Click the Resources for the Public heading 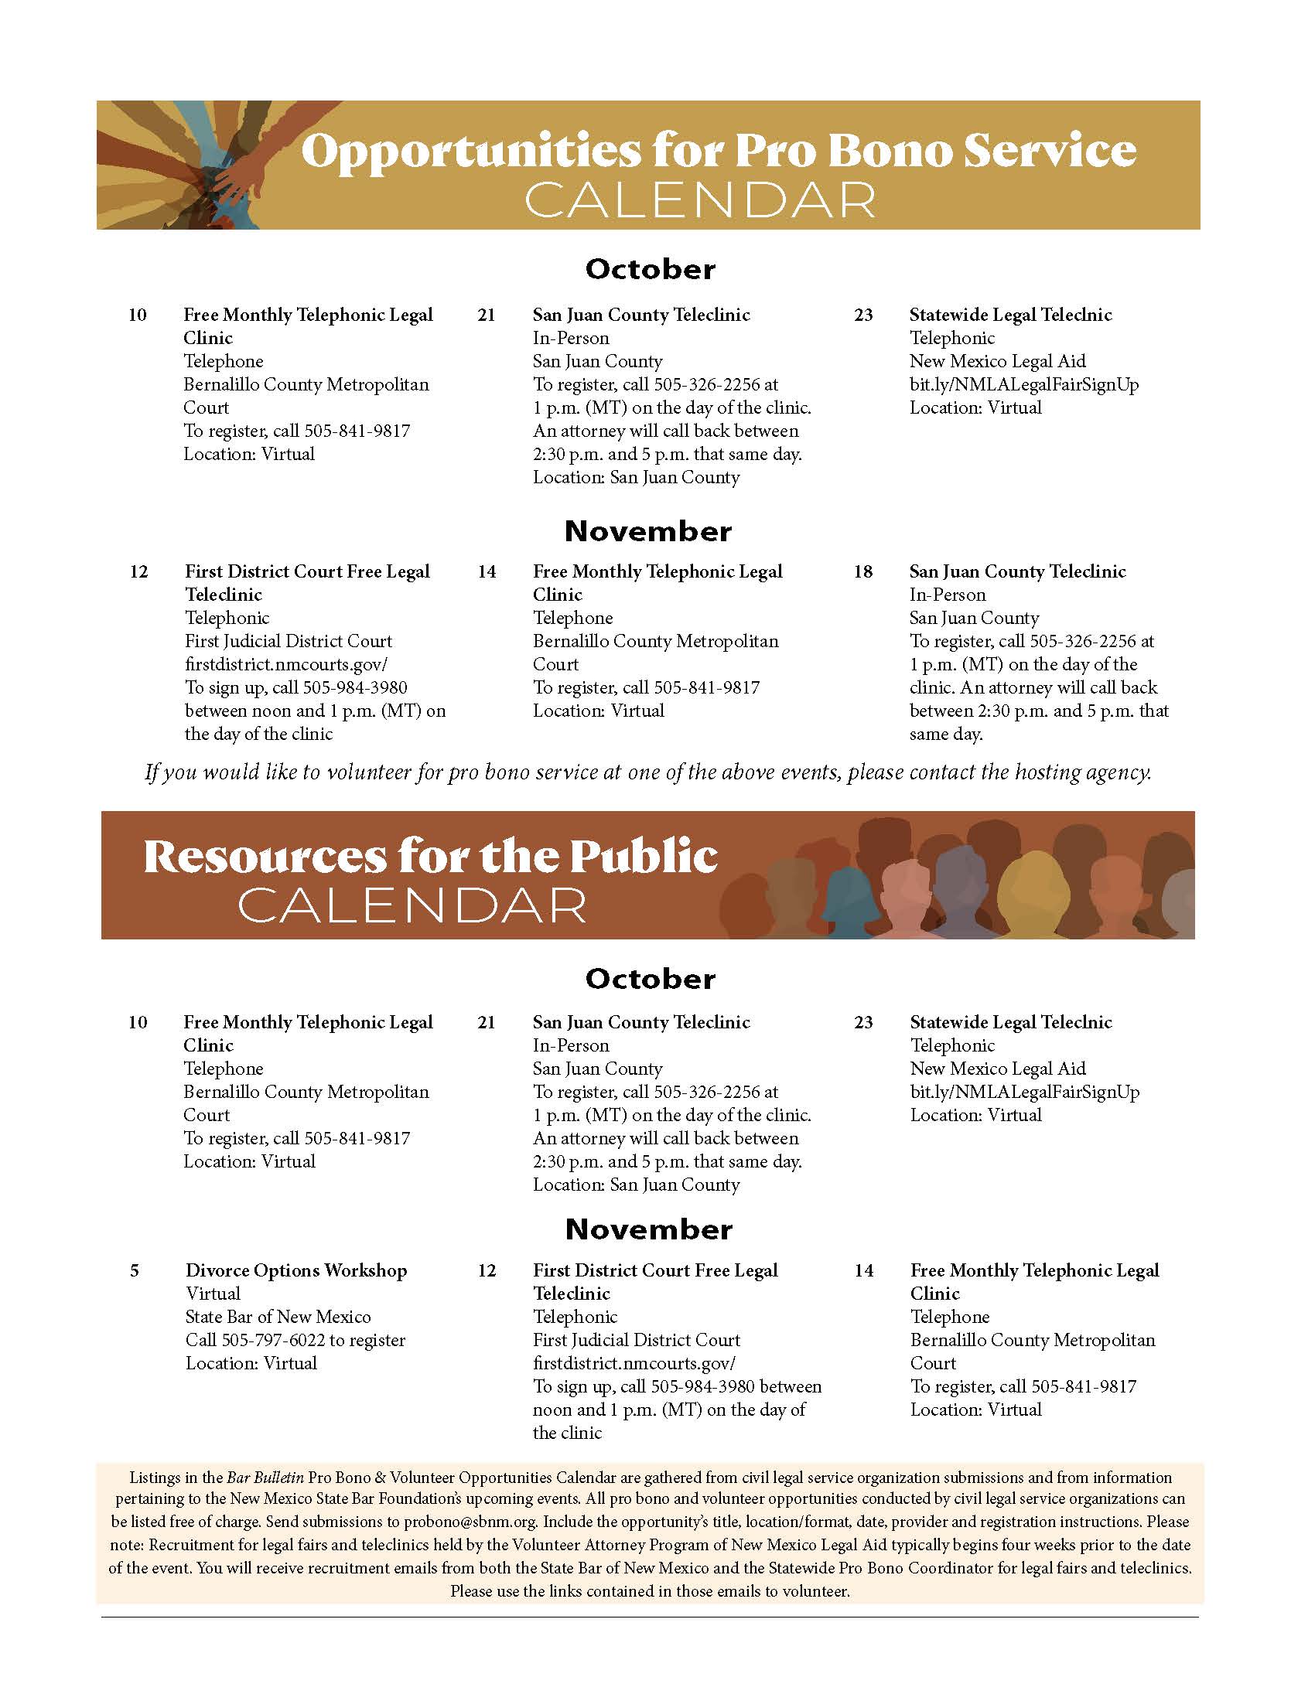click(x=430, y=857)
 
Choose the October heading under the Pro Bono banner click(x=650, y=270)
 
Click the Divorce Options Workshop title click(x=296, y=1270)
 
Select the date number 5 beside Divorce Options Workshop click(x=134, y=1271)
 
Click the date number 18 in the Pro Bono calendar click(x=862, y=571)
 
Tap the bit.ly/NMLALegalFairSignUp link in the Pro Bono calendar click(x=1023, y=385)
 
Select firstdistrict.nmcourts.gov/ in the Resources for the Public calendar click(x=634, y=1364)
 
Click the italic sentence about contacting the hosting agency click(x=648, y=772)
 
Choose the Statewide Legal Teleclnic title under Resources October click(x=1010, y=1023)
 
